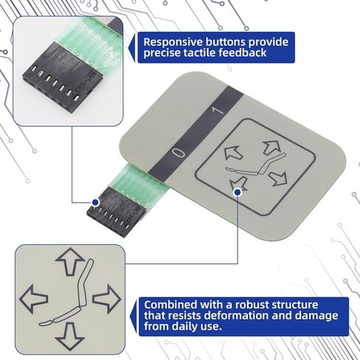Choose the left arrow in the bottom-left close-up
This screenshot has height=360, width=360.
34,298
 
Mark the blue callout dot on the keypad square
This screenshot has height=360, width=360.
237,192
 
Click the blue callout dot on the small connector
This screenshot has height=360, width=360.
95,202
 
